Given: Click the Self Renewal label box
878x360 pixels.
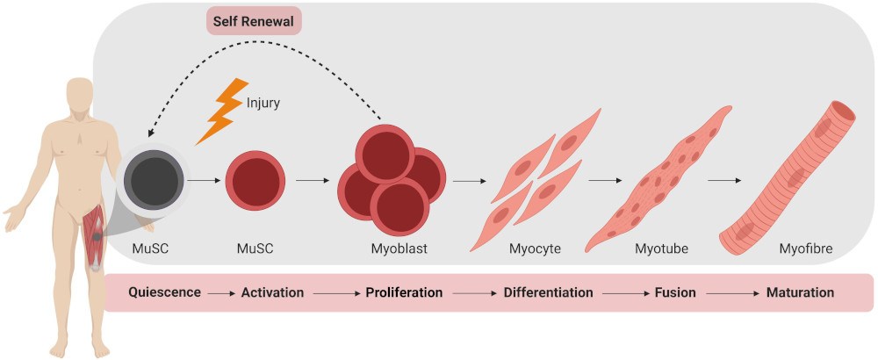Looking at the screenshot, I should click(254, 21).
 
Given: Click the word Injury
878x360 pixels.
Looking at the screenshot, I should click(263, 103).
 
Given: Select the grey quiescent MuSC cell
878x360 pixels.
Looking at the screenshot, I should click(152, 182).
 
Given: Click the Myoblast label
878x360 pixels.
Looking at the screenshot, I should click(399, 248).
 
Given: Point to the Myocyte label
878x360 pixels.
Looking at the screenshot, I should click(535, 248).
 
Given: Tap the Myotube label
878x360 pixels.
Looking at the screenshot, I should click(661, 248).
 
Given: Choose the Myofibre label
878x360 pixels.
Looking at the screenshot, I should click(805, 248).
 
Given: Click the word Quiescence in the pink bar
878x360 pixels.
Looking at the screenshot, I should click(164, 292).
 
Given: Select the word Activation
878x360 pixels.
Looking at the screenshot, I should click(272, 292).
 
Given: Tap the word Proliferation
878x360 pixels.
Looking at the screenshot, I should click(404, 292).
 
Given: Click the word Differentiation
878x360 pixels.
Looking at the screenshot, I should click(549, 292).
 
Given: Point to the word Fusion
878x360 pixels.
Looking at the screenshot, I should click(675, 292).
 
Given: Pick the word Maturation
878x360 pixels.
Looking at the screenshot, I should click(800, 292).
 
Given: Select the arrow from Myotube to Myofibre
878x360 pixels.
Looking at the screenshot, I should click(723, 182).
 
